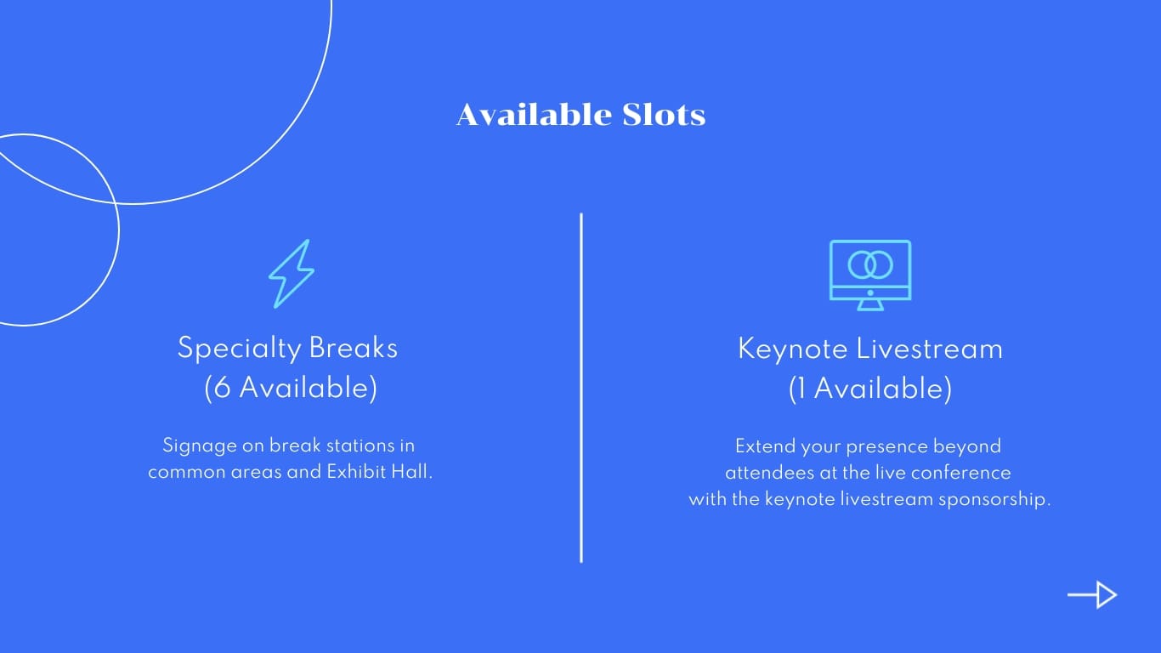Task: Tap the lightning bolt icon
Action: click(291, 274)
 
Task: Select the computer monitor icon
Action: click(869, 275)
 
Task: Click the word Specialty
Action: click(239, 349)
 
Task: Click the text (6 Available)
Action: click(291, 388)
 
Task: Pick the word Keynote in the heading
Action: click(792, 349)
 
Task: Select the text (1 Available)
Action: click(869, 389)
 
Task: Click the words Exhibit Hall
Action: click(380, 472)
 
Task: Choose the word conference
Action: click(965, 473)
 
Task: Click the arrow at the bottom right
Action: click(1092, 595)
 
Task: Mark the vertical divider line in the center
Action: click(581, 387)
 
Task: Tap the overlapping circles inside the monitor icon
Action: click(869, 264)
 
